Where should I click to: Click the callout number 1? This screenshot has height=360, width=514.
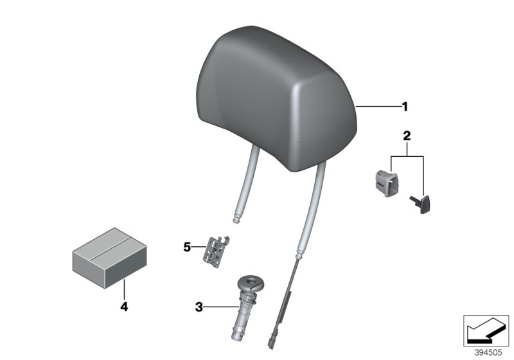click(405, 107)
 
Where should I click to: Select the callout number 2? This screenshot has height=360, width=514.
click(407, 136)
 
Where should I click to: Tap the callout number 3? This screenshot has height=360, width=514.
click(199, 307)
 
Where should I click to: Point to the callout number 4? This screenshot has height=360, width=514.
click(124, 307)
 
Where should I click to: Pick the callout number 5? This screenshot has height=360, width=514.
click(187, 247)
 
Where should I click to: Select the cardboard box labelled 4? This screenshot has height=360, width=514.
click(109, 258)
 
